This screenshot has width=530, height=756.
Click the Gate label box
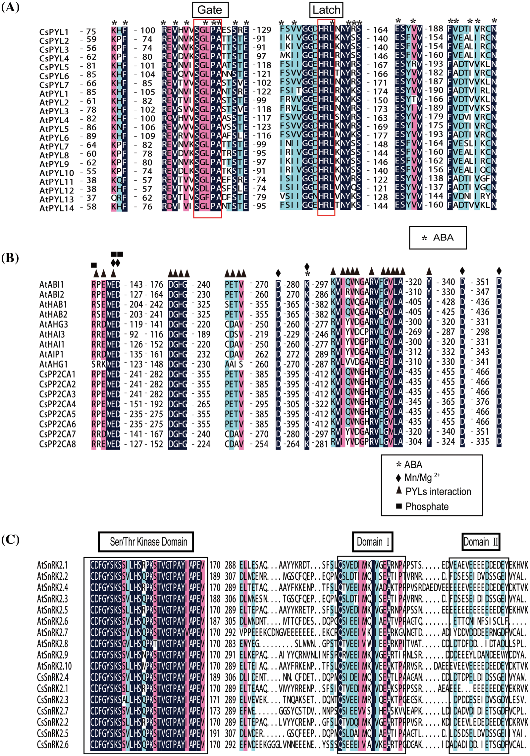210,10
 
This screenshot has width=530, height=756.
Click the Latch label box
326,10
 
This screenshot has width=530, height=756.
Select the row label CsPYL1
54,32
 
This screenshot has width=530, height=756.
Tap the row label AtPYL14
56,208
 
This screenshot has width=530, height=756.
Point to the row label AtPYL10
56,173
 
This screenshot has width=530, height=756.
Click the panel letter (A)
10,7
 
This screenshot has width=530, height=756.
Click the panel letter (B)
10,258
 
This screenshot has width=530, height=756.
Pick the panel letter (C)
10,540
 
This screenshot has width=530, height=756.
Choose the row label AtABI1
51,285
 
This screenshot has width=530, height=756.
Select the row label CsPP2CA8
57,444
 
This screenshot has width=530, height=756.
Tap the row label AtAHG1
53,364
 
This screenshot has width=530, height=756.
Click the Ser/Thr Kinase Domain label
146,542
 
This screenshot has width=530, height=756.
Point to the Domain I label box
373,542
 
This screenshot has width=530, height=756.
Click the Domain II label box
481,542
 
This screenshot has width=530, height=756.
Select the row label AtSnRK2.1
52,565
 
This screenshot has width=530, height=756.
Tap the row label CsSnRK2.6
53,745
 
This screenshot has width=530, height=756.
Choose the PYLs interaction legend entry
434,492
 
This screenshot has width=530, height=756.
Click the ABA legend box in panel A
438,238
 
